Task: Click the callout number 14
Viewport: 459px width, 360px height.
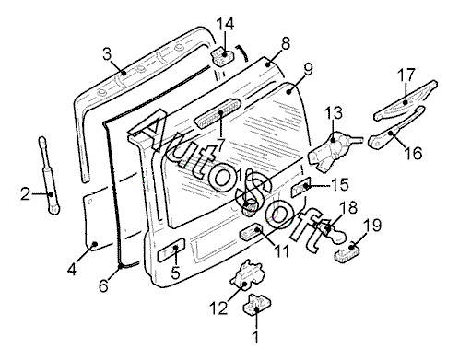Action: coord(225,24)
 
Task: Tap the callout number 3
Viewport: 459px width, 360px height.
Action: coord(107,54)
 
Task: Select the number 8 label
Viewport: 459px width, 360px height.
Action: coord(286,43)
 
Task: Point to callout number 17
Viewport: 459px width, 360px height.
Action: coord(406,75)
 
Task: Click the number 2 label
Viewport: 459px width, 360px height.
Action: coord(26,194)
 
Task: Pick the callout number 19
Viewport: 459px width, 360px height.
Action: coord(372,226)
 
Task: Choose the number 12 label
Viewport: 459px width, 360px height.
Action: coord(218,308)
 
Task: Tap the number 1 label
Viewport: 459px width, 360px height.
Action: coord(255,337)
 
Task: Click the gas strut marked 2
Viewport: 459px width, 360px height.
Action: coord(49,176)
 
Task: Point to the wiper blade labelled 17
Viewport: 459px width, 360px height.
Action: coord(406,100)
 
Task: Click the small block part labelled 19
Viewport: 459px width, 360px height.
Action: coord(347,252)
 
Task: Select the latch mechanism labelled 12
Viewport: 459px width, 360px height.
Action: coord(247,273)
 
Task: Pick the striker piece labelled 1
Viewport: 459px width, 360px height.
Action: coord(257,304)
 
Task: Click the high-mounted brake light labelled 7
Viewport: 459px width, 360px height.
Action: coord(218,113)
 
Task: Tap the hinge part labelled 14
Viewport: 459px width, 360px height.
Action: coord(222,57)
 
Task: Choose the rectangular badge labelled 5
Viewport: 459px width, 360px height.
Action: coord(171,250)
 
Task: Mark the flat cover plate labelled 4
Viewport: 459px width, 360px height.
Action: coord(100,220)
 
